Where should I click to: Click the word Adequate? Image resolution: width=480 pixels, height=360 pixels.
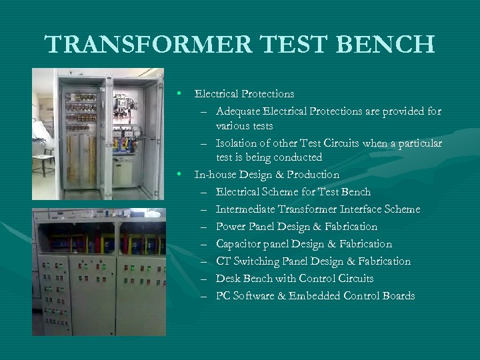pos(238,111)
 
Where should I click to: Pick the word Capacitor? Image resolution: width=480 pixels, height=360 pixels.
pos(239,244)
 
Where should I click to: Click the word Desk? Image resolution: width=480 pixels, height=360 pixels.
pos(227,279)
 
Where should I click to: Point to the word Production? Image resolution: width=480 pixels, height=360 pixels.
pos(315,175)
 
